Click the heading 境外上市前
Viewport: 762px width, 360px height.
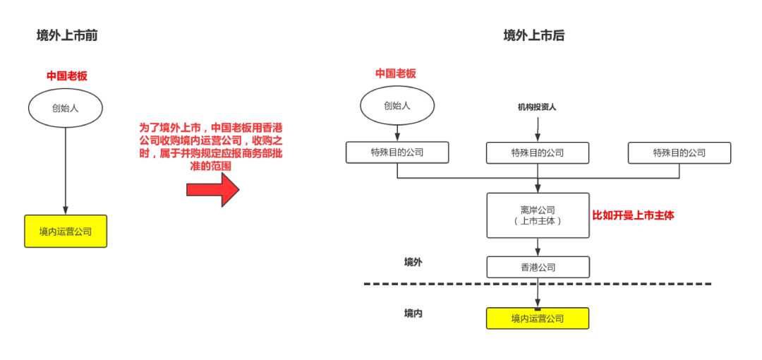pyautogui.click(x=67, y=35)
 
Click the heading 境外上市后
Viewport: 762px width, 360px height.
pyautogui.click(x=534, y=35)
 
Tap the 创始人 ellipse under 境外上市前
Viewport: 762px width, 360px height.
pyautogui.click(x=66, y=108)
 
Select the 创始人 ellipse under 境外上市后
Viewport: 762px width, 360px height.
pyautogui.click(x=397, y=106)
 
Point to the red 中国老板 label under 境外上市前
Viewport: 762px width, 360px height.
pyautogui.click(x=67, y=76)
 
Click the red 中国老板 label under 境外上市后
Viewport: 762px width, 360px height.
pyautogui.click(x=395, y=73)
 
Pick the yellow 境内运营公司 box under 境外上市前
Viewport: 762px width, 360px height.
pyautogui.click(x=66, y=231)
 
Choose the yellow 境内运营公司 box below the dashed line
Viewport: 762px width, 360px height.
pyautogui.click(x=537, y=318)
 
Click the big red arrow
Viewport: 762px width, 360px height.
pyautogui.click(x=212, y=189)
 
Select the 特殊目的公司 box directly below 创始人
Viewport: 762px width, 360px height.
pyautogui.click(x=397, y=152)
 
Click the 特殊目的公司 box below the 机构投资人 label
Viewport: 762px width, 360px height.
pyautogui.click(x=538, y=153)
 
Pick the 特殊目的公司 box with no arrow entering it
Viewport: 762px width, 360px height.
pyautogui.click(x=679, y=153)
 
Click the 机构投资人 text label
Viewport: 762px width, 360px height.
pyautogui.click(x=537, y=107)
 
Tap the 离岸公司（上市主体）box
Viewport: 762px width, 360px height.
pyautogui.click(x=538, y=215)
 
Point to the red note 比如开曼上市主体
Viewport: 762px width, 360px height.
pyautogui.click(x=633, y=216)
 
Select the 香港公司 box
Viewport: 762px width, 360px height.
pyautogui.click(x=538, y=268)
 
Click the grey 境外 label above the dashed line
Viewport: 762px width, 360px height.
pyautogui.click(x=413, y=263)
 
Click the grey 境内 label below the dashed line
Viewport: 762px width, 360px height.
pyautogui.click(x=413, y=313)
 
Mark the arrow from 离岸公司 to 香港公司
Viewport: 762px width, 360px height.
pyautogui.click(x=538, y=248)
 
